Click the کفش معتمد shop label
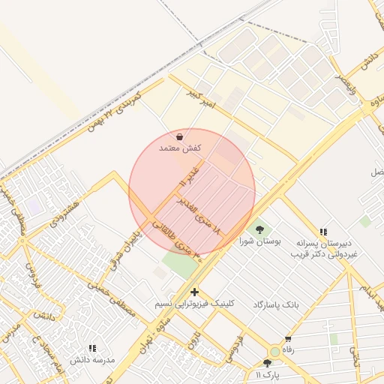point(181,148)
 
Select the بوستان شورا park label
point(258,241)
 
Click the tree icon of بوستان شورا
point(259,229)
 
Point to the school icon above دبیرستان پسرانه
point(323,232)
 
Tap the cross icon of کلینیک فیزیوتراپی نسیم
point(195,292)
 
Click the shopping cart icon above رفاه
point(288,339)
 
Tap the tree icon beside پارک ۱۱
point(267,363)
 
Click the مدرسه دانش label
point(92,360)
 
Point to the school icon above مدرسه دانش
point(92,348)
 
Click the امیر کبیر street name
point(200,99)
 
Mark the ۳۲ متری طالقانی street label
point(186,250)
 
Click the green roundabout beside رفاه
point(275,351)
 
